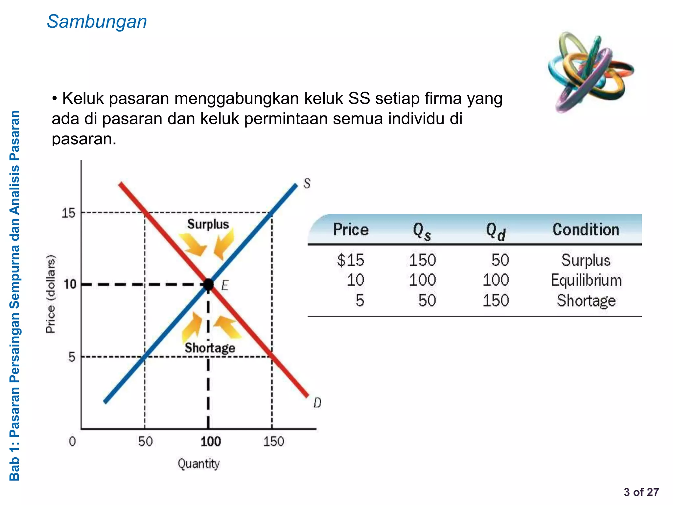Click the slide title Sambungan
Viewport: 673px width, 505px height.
(97, 22)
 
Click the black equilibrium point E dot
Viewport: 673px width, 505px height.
(208, 284)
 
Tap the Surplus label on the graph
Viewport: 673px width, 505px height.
(208, 224)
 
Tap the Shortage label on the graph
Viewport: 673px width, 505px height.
(210, 348)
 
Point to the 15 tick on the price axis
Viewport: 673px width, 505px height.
(69, 213)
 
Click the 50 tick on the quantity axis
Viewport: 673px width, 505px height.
(145, 442)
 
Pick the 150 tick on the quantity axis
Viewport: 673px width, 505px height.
(273, 442)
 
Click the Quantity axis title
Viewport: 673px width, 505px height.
(198, 464)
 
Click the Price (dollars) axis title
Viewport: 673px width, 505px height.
(51, 294)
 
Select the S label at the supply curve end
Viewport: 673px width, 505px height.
(307, 183)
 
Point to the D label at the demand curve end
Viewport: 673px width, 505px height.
(317, 403)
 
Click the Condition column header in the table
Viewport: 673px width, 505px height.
(586, 229)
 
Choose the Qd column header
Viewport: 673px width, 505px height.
(496, 231)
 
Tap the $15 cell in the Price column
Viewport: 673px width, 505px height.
(351, 260)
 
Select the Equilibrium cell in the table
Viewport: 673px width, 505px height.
(586, 280)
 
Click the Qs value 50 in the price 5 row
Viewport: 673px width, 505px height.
(427, 301)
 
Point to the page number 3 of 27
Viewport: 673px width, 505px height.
(641, 492)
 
